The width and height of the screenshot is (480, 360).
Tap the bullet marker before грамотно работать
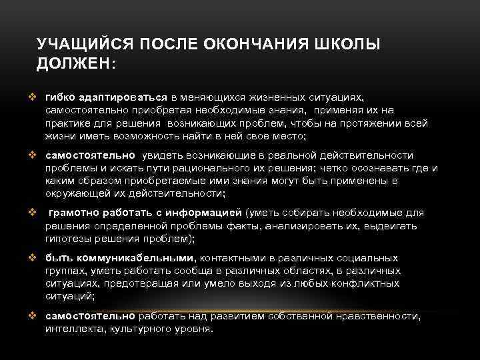(x=31, y=213)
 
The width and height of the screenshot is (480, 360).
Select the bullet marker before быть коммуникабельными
(x=31, y=257)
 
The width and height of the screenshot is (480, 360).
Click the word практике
(x=67, y=124)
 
